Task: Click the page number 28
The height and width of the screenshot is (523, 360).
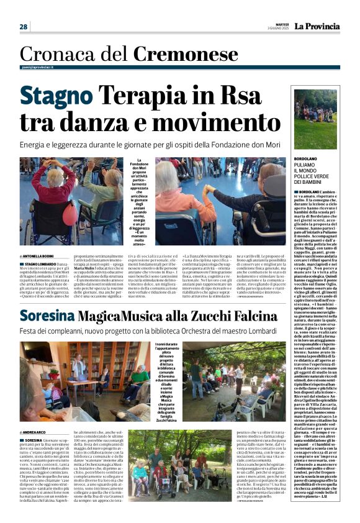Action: tap(24, 27)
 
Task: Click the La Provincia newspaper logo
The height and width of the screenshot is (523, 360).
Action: tap(318, 27)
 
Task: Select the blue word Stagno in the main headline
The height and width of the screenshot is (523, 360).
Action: tap(57, 96)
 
